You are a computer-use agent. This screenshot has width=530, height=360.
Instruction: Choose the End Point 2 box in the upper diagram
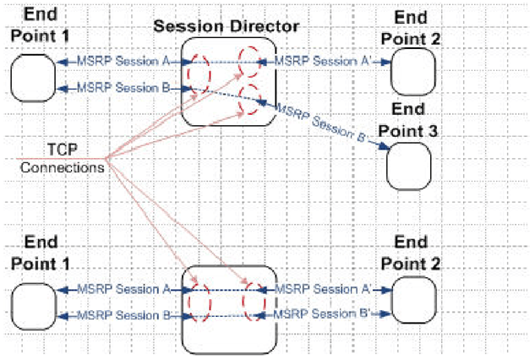coord(414,70)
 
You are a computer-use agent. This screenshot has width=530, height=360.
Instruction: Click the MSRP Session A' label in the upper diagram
coord(327,61)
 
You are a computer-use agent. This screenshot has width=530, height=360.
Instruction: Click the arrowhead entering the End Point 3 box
coord(385,149)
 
